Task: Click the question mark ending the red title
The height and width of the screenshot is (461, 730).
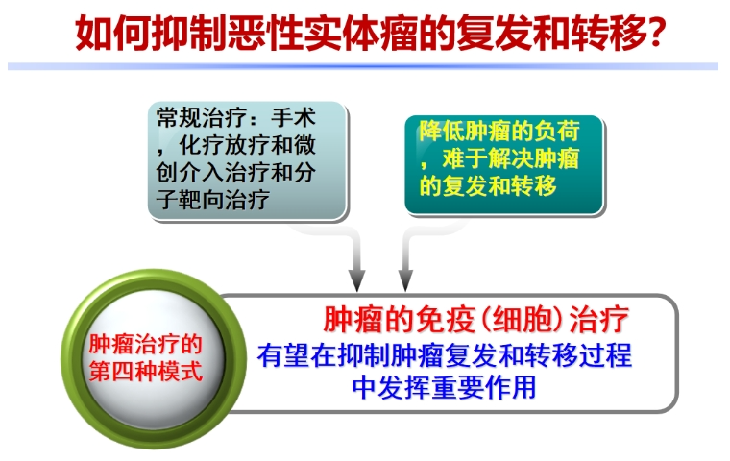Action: coord(657,33)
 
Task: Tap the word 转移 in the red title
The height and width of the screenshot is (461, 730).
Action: coord(609,33)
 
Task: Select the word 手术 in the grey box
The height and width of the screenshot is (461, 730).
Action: coord(293,117)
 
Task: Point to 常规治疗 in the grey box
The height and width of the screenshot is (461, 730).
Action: coord(202,117)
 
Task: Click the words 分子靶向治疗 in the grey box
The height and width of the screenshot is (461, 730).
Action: coord(236,185)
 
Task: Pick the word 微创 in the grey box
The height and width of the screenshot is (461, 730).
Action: coord(236,158)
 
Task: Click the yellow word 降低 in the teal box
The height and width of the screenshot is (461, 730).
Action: coord(441,131)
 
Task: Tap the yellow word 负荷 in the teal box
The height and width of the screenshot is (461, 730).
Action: coord(556,131)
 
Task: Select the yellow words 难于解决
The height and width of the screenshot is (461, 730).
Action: coord(487,158)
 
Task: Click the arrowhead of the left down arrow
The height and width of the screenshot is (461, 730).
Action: coord(357,280)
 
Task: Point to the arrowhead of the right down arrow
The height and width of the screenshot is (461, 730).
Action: coord(405,280)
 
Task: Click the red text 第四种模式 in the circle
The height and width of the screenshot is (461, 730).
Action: coord(146,372)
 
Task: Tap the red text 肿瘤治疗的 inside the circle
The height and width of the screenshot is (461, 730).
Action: coord(146,344)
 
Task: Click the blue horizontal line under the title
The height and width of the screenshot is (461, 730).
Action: coord(363,66)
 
